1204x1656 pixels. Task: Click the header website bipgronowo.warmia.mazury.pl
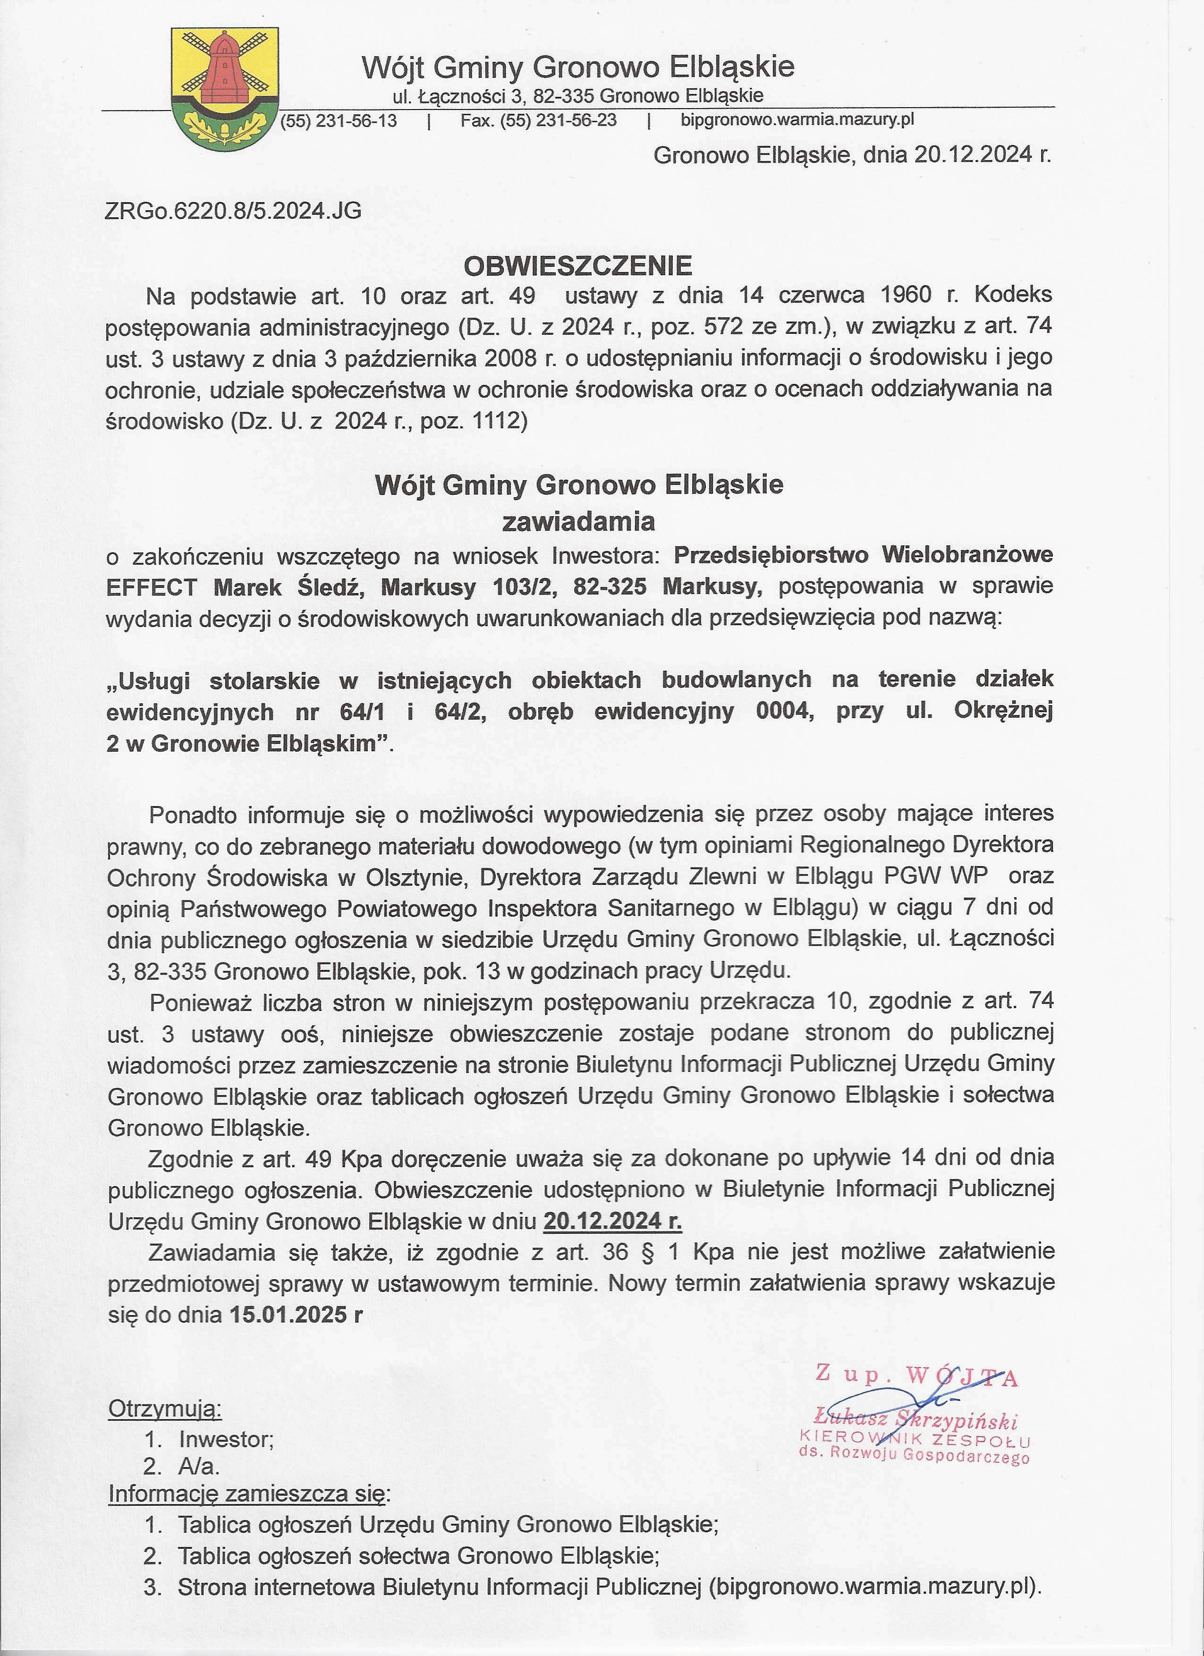pyautogui.click(x=797, y=120)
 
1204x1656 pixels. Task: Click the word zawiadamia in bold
pyautogui.click(x=578, y=521)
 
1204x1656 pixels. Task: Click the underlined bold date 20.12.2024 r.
pyautogui.click(x=612, y=1221)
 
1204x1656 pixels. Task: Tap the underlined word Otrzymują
pyautogui.click(x=164, y=1409)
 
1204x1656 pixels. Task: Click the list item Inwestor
pyautogui.click(x=226, y=1439)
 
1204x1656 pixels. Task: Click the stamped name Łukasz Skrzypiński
pyautogui.click(x=916, y=1420)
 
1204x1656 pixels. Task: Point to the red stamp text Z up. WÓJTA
pyautogui.click(x=916, y=1375)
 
